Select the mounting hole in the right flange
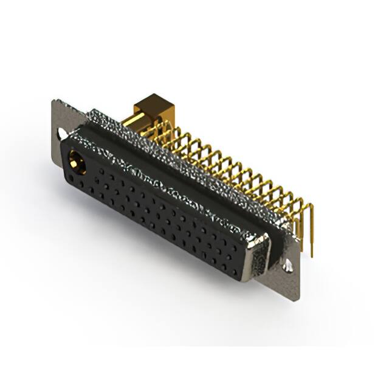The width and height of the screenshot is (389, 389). tap(286, 266)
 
